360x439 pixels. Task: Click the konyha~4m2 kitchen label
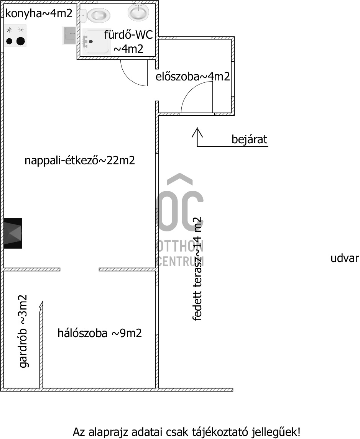(39, 14)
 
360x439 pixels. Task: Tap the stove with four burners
(16, 36)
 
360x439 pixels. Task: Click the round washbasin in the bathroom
(138, 12)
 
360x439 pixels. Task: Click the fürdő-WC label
(128, 35)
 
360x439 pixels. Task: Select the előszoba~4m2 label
(192, 77)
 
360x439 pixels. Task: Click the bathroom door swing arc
(132, 73)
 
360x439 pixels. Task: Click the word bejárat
(249, 139)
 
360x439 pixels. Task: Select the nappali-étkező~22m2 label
(80, 161)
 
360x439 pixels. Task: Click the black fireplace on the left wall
(13, 233)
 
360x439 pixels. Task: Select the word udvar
(344, 258)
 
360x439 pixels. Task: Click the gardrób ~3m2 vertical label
(24, 331)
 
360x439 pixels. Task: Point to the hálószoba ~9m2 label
(100, 333)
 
